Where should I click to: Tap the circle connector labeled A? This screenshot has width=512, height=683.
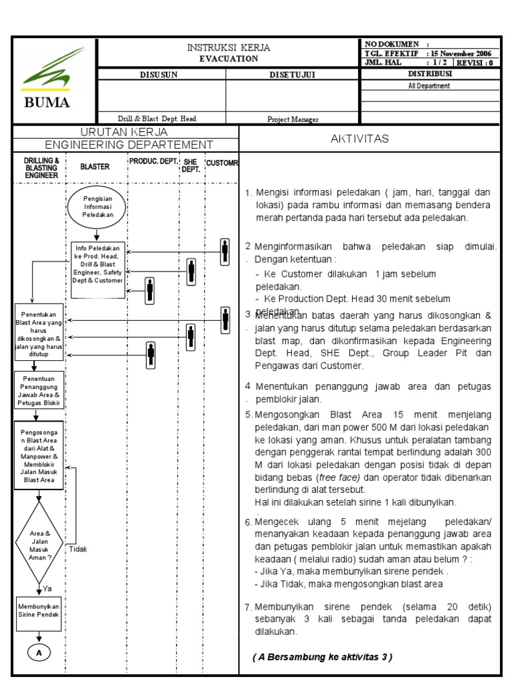(39, 653)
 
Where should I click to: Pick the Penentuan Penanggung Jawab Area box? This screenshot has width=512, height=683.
(39, 390)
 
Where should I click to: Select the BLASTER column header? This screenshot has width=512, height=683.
(95, 167)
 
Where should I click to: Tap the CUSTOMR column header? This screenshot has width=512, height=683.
(222, 163)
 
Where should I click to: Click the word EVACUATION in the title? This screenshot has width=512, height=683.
(229, 59)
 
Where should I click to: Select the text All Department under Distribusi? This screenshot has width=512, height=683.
(429, 85)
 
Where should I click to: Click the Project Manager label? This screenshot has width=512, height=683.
(293, 119)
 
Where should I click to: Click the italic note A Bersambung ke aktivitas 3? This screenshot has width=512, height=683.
(323, 657)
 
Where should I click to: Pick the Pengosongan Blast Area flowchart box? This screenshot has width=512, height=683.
(39, 456)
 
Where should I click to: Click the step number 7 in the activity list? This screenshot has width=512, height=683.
(247, 607)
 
